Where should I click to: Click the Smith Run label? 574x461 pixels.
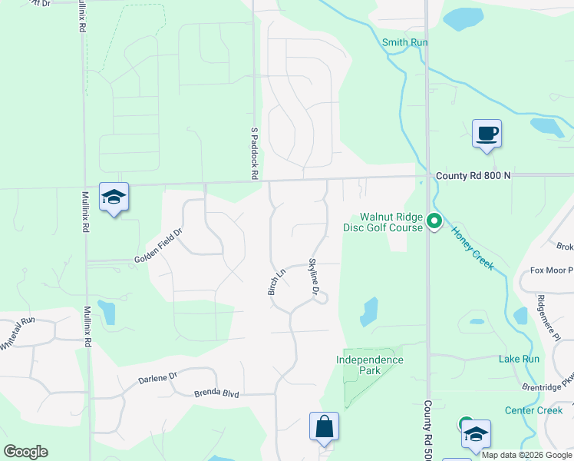tap(404, 42)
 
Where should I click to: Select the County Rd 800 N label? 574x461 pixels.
tap(473, 176)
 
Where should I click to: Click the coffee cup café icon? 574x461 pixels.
tap(487, 134)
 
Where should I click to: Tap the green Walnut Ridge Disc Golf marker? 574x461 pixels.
tap(434, 222)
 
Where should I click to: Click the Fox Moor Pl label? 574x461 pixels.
tap(552, 271)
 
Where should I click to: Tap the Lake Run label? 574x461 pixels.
tap(519, 359)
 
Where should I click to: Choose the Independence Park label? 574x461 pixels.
tap(369, 365)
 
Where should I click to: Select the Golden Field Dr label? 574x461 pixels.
tap(159, 247)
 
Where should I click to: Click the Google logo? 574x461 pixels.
tap(25, 452)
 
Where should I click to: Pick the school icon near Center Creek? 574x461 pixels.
tap(476, 435)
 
